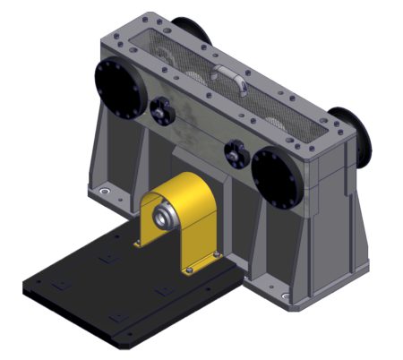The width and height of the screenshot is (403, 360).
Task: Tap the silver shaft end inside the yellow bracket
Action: click(x=165, y=217)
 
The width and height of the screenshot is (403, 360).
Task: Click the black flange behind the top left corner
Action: click(x=191, y=32)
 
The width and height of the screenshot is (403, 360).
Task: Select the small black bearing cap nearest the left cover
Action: click(x=161, y=112)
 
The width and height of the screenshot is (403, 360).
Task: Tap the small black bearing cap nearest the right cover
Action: click(x=235, y=151)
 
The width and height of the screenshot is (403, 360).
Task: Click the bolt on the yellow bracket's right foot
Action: click(x=215, y=260)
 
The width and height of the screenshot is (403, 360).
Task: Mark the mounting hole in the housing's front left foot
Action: click(x=106, y=192)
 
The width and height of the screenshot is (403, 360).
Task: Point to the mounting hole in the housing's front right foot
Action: click(x=285, y=296)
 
